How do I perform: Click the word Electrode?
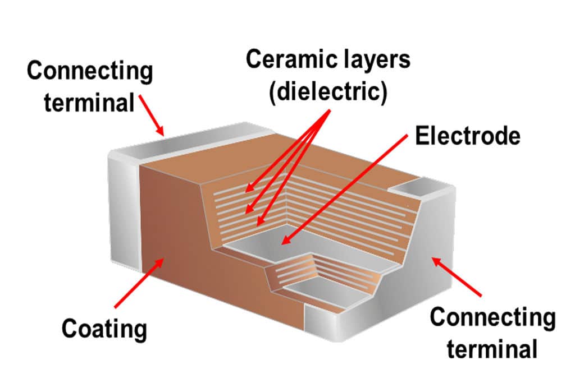coord(467,136)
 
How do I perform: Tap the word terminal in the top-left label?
coord(89,103)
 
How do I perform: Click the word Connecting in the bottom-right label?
coord(492,318)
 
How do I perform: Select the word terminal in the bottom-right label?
coord(492,349)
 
